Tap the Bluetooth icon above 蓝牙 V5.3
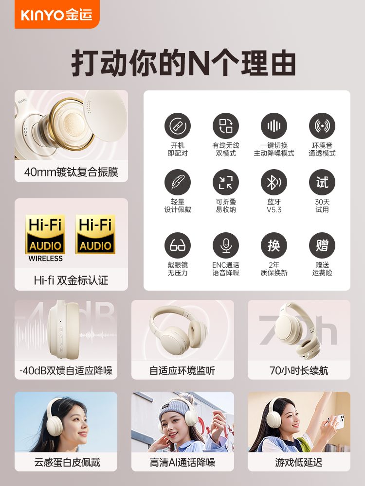tap(274, 182)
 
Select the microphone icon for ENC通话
tap(226, 245)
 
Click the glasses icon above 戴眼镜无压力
tap(178, 245)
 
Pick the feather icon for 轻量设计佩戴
tap(178, 182)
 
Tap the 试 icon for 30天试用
tap(322, 182)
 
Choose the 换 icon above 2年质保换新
tap(274, 245)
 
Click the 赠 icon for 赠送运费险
tap(322, 245)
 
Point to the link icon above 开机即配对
tap(178, 126)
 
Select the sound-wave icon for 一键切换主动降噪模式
tap(274, 126)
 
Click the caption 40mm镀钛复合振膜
tap(71, 172)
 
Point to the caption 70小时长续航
tap(299, 370)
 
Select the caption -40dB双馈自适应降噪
tap(66, 370)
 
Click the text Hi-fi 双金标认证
tap(71, 280)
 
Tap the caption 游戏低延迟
tap(299, 462)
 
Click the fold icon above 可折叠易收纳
tap(226, 182)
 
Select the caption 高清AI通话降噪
tap(182, 462)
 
